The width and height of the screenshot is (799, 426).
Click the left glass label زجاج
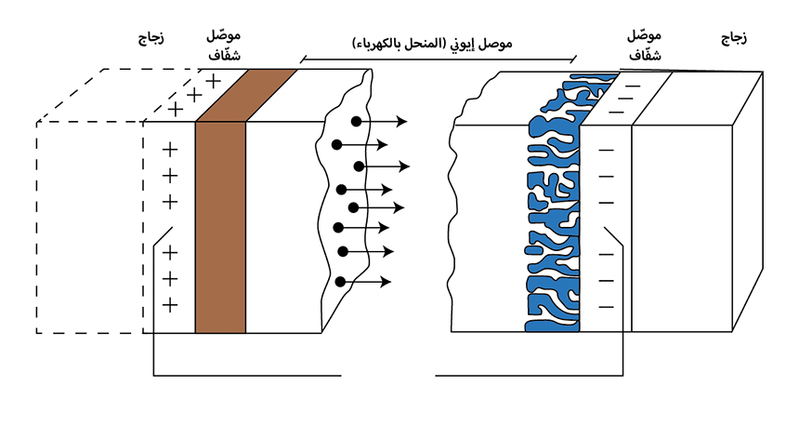[x=151, y=37]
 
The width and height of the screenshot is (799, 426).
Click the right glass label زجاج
[x=734, y=37]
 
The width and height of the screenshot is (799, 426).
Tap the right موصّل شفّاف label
[x=644, y=45]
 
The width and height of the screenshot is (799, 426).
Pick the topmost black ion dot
[x=356, y=122]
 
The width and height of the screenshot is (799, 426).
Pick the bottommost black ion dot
[x=341, y=281]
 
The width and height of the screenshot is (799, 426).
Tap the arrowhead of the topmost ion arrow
[x=404, y=122]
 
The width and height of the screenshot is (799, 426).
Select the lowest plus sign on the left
[x=170, y=304]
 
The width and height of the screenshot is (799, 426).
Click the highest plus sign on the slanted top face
[x=213, y=81]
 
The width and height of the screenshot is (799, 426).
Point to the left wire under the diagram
[x=246, y=376]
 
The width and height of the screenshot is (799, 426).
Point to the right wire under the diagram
[x=530, y=376]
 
